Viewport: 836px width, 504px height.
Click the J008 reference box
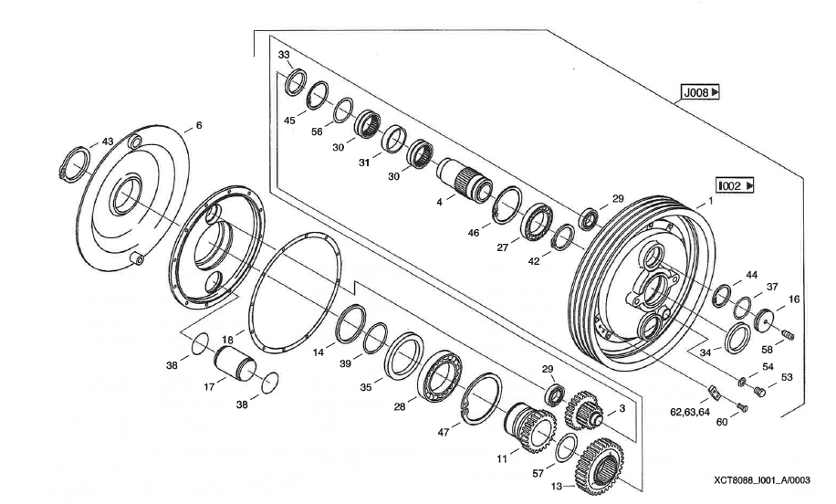coord(700,92)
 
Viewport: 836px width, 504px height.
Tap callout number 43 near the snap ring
coord(108,142)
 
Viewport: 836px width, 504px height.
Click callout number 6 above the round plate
coord(199,125)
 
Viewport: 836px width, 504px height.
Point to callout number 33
coord(284,56)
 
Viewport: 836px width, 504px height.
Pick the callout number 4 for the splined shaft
coord(439,199)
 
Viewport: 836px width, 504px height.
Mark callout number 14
coord(319,351)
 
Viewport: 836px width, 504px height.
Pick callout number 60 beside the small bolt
coord(722,423)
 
